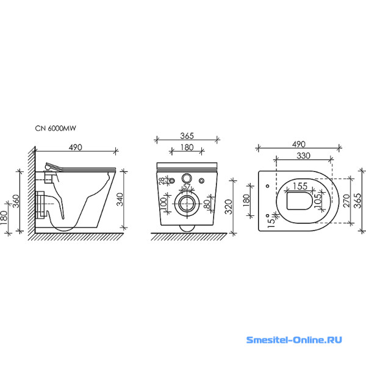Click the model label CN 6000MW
coord(56,128)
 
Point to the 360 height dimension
coord(16,201)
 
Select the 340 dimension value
coord(120,199)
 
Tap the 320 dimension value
coord(229,207)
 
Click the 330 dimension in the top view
coord(303,156)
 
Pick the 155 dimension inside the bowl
coord(300,186)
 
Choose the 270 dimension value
coord(346,200)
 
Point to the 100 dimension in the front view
coord(163,203)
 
